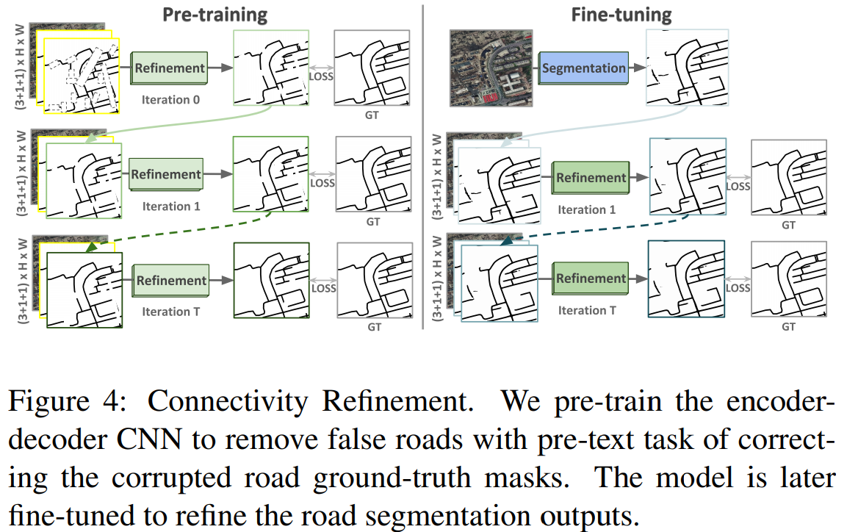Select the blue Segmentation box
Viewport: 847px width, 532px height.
tap(584, 68)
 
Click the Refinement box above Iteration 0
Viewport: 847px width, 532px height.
tap(169, 68)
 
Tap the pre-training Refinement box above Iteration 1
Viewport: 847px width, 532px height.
tap(165, 175)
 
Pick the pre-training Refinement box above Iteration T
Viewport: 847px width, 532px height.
tap(171, 280)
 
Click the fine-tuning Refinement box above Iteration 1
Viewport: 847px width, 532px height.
tap(591, 177)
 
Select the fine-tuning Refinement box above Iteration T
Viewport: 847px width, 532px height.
tap(591, 278)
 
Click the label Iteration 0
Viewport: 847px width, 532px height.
tap(171, 100)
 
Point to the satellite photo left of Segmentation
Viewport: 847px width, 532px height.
tap(492, 68)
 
